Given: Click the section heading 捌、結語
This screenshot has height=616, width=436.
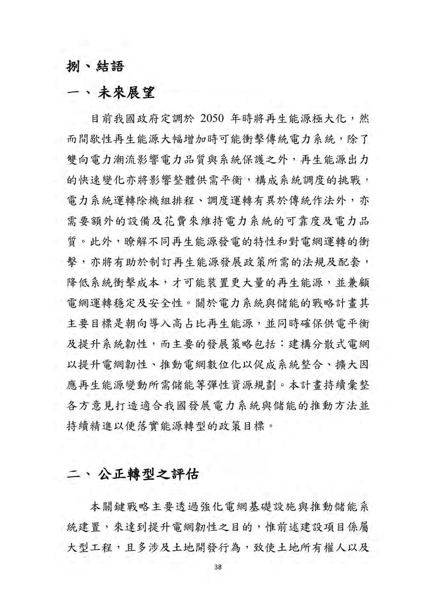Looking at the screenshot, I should [x=95, y=66].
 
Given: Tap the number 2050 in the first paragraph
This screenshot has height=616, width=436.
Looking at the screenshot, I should [x=212, y=119].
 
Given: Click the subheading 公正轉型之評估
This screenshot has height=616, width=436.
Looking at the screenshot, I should [x=148, y=474].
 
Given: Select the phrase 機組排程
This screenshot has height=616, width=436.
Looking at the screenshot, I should [x=171, y=201].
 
